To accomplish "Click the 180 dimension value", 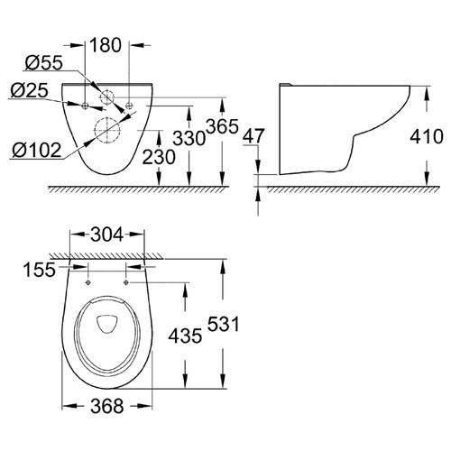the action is [106, 45].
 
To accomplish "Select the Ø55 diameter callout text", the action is [44, 63].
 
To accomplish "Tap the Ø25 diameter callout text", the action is [29, 90].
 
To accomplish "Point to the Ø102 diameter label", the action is [37, 150].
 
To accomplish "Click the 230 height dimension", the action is [159, 157].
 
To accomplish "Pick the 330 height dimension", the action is [189, 138].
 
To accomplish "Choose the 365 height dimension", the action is [222, 126].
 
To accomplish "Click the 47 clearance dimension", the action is [253, 136].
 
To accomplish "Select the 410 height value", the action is [427, 136].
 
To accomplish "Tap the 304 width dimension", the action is [107, 235].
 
